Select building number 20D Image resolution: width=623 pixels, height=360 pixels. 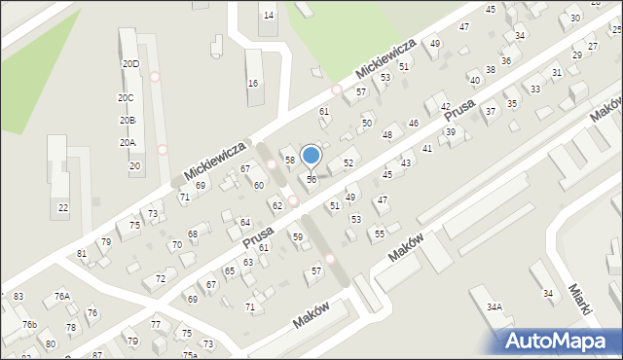point(129,63)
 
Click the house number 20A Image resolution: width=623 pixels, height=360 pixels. point(128,143)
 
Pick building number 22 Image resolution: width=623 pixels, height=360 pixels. point(62,207)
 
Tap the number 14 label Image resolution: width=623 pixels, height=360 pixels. point(269,16)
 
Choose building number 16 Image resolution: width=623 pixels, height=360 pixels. point(253,84)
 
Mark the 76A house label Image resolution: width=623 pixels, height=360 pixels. point(61,296)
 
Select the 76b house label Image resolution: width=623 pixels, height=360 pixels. point(29,324)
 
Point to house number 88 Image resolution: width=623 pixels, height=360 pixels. point(193,234)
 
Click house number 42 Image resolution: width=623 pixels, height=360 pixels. point(445,107)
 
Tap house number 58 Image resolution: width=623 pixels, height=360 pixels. point(289,159)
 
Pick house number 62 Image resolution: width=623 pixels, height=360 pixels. point(276,205)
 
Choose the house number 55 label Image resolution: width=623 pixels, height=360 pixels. point(380,234)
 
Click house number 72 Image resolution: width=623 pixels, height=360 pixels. point(160,279)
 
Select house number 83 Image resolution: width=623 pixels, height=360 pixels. point(18,296)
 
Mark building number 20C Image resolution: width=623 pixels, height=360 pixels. point(127,98)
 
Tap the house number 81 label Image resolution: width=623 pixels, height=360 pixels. point(82,254)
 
